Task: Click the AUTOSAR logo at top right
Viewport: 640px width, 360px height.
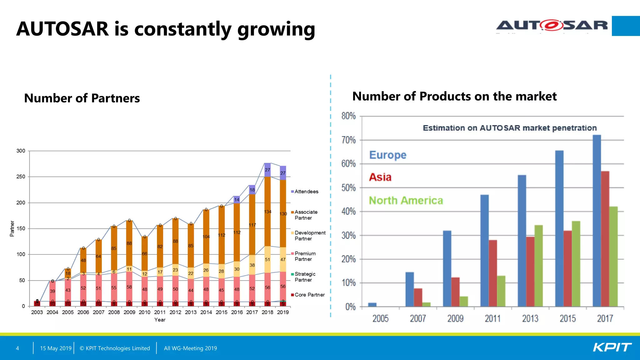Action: [x=552, y=25]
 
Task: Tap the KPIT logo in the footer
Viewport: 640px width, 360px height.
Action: [x=612, y=347]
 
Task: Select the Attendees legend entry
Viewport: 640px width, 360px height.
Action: [x=306, y=192]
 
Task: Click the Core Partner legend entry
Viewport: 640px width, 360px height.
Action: [x=309, y=295]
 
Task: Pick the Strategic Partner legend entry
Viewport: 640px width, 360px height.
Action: [x=305, y=277]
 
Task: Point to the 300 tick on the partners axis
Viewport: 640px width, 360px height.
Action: [x=21, y=151]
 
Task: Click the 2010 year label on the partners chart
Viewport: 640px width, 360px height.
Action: [x=144, y=312]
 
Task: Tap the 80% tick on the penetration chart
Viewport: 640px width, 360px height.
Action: [x=348, y=116]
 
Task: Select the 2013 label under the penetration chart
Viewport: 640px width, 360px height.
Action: [x=530, y=318]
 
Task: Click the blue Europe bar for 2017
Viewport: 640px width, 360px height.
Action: [x=597, y=220]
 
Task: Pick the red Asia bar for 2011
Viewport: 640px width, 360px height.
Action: [x=493, y=273]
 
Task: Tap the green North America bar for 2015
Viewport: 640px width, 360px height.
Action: [x=576, y=264]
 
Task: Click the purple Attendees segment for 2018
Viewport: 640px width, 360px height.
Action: [x=267, y=170]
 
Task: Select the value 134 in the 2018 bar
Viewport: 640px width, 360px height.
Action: [x=267, y=212]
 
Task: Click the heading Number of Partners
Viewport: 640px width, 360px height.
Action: [x=82, y=98]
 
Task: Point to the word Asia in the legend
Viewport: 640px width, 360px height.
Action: [x=380, y=177]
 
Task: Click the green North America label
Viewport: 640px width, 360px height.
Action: [x=406, y=200]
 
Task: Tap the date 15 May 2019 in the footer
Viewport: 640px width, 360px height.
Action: [x=56, y=348]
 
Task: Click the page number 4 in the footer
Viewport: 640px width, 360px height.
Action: [x=17, y=348]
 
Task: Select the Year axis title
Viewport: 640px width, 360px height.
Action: [x=160, y=320]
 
